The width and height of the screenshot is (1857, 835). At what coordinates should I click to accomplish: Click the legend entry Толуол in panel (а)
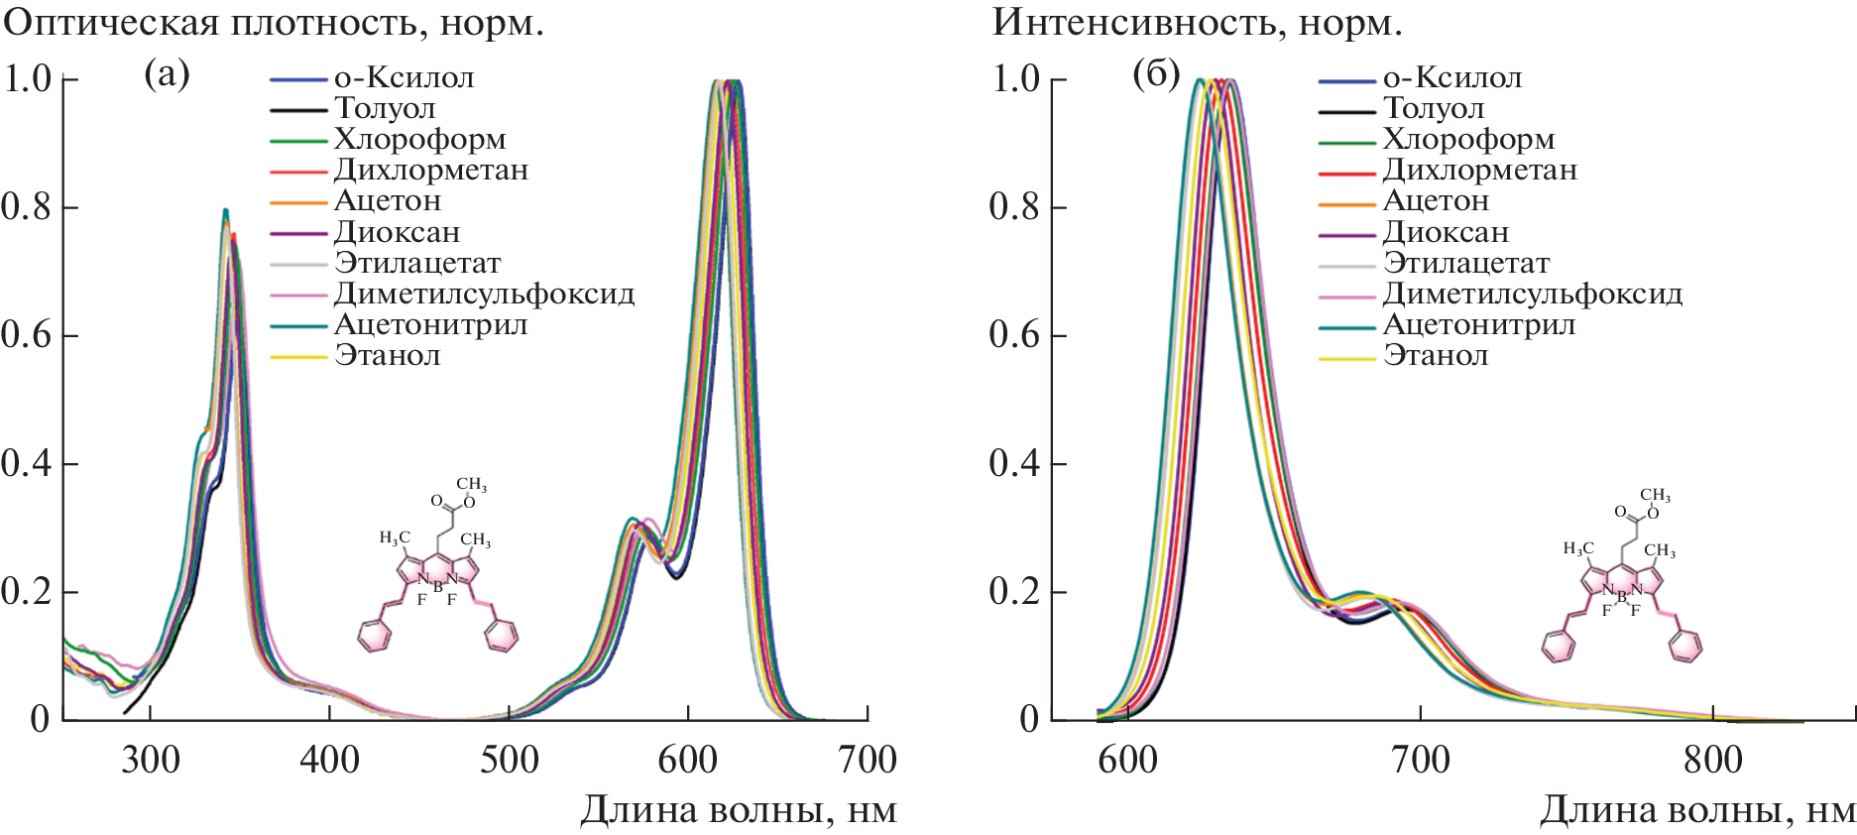pos(385,108)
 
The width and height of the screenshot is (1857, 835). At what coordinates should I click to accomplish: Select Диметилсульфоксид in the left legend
pos(484,294)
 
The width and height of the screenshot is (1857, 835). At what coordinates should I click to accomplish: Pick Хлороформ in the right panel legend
pos(1468,140)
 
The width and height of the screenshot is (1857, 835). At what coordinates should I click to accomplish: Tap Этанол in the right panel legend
pos(1436,355)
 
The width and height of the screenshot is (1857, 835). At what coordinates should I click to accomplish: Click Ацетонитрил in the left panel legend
pos(430,324)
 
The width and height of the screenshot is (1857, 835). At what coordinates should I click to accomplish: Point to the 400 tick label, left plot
pos(329,760)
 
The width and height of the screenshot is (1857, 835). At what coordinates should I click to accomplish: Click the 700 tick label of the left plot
pos(867,760)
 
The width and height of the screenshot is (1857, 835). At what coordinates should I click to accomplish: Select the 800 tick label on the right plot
pos(1713,760)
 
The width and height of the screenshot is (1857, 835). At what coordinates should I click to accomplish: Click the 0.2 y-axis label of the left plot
pos(26,592)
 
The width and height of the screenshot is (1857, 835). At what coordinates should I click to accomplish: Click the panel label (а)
pos(167,74)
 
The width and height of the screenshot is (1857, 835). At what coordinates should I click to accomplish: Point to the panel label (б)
pos(1156,74)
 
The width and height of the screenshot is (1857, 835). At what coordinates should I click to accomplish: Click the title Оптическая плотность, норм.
pos(274,22)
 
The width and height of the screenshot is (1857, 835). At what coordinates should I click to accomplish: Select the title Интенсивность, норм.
pos(1198,22)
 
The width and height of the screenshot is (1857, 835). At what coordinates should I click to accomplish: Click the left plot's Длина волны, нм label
pos(738,810)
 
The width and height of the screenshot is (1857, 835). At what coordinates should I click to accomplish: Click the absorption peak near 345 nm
pos(226,211)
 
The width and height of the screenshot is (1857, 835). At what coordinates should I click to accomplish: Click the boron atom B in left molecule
pos(437,587)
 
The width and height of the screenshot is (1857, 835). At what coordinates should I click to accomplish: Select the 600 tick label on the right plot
pos(1128,760)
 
